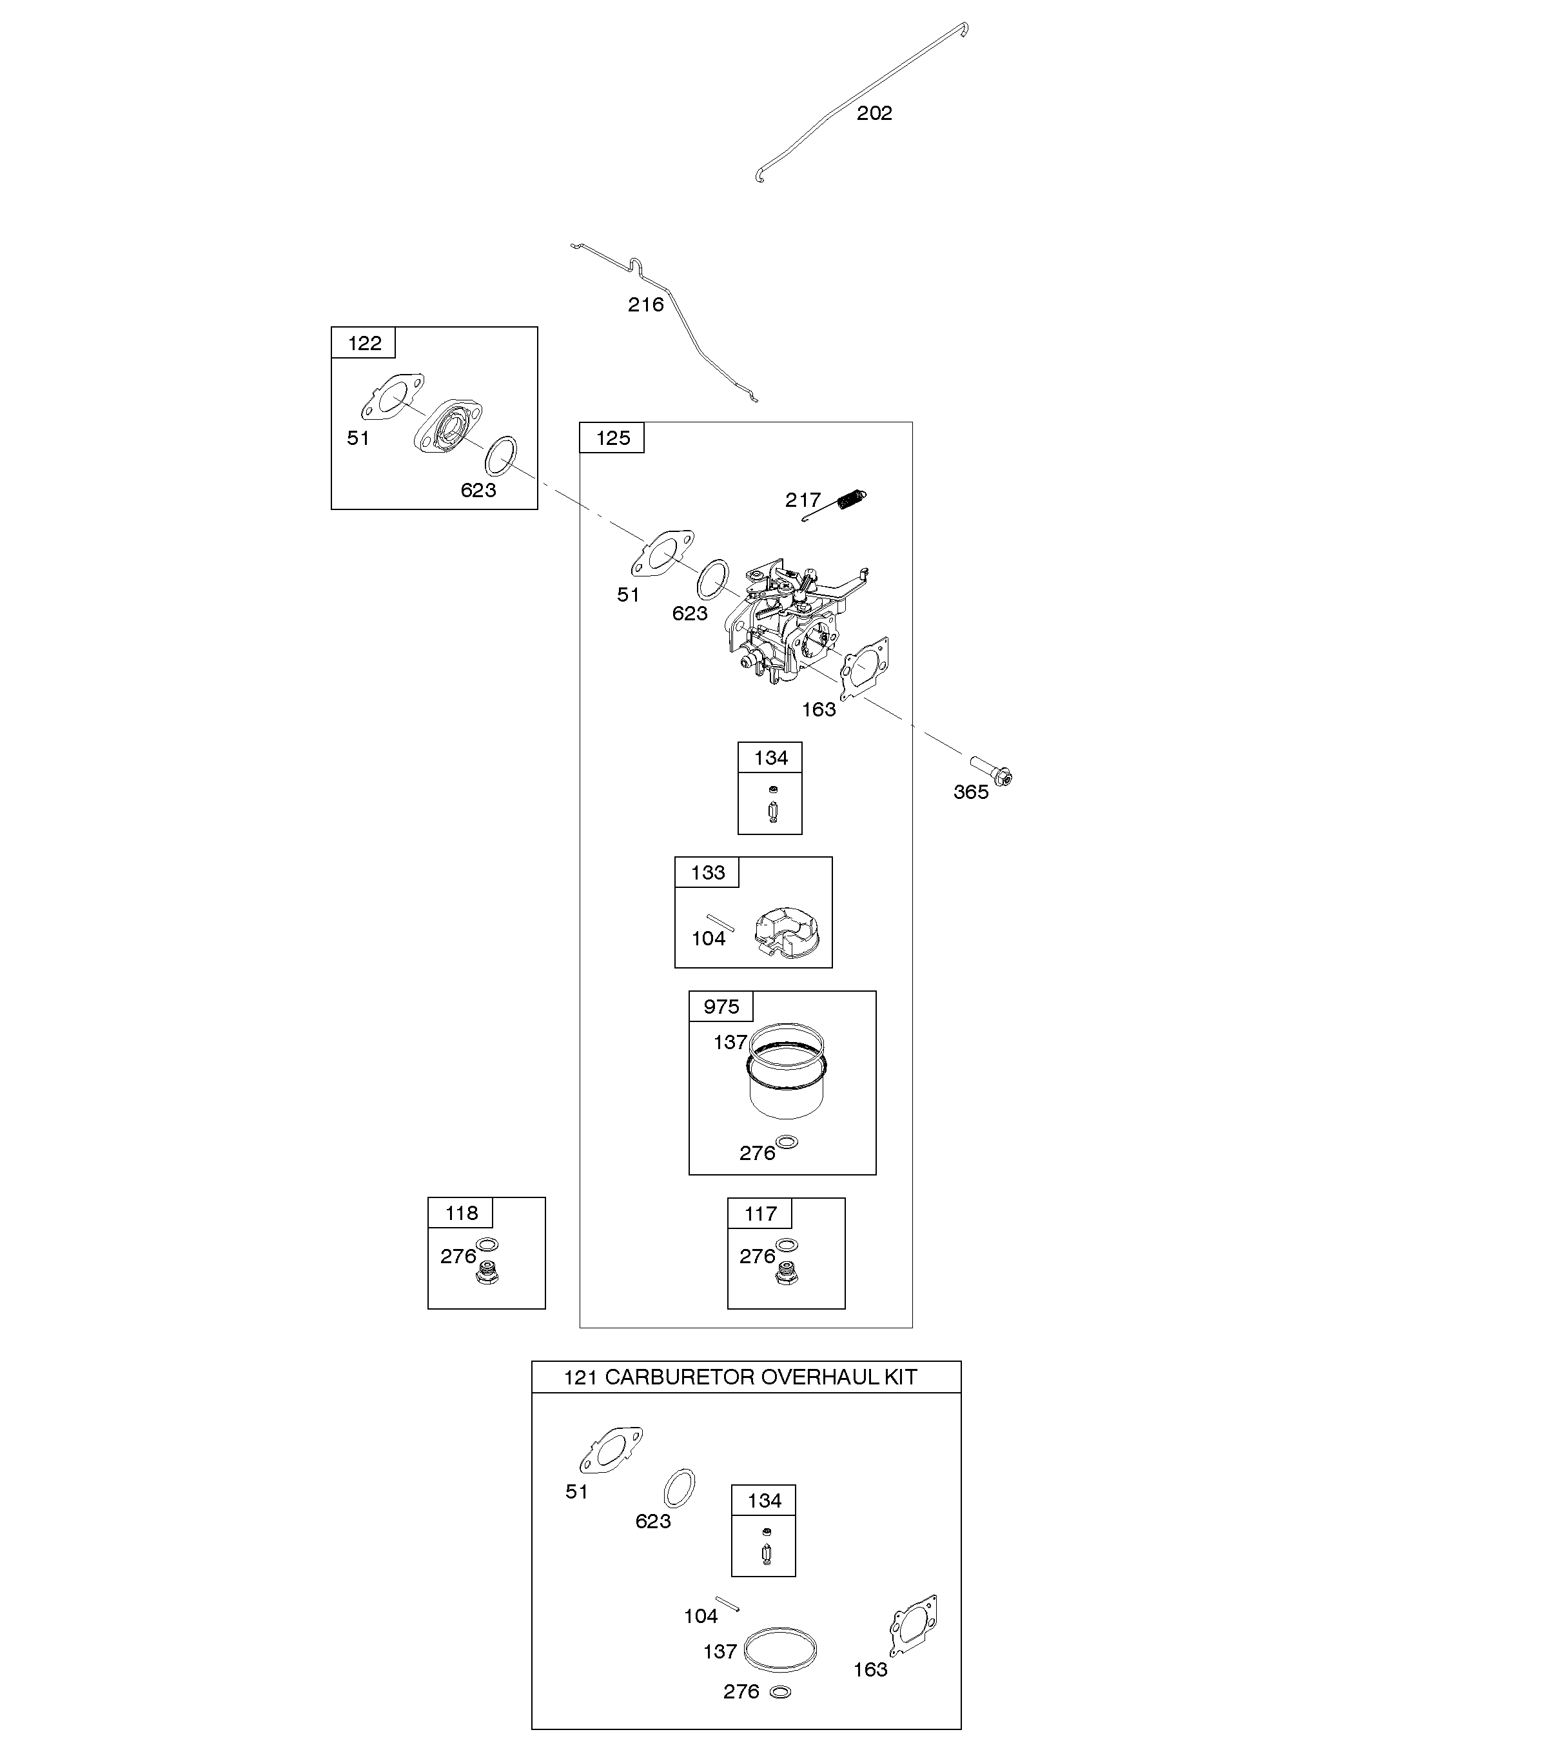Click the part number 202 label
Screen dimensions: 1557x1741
874,113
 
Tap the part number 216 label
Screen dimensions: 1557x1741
646,304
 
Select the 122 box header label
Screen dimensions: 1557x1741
364,343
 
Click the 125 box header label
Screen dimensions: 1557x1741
612,438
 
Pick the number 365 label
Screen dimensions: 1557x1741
971,792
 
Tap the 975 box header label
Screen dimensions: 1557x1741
721,1007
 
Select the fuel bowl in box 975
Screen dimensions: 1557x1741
788,1071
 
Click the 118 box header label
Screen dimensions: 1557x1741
462,1213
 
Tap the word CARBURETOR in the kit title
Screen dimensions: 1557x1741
680,1377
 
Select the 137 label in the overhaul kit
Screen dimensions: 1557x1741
720,1652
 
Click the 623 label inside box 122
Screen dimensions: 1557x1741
478,490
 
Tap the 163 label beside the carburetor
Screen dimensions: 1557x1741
819,709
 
